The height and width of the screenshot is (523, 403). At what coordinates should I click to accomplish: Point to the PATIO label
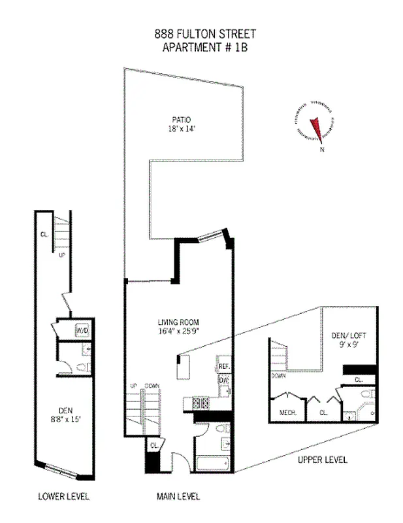(181, 120)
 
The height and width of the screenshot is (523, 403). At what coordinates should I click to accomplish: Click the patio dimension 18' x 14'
(181, 129)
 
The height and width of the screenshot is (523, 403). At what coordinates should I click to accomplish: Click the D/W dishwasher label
(223, 380)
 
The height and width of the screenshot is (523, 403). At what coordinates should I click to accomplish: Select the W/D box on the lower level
(82, 331)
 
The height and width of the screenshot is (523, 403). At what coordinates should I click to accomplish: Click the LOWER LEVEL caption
(63, 496)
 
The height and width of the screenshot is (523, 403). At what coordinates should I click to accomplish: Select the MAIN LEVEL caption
(178, 496)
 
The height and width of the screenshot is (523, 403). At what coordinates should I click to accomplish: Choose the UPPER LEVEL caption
(322, 460)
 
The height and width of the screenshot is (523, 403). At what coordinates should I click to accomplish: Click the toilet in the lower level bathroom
(82, 367)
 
